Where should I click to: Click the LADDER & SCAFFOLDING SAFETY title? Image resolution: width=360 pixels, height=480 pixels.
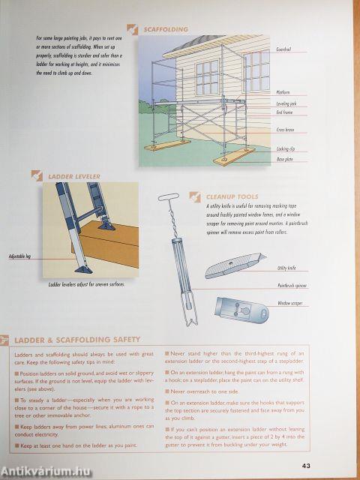pos(77,340)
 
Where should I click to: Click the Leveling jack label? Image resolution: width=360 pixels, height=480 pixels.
pos(284,103)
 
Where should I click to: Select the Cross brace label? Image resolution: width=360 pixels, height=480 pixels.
pos(285,130)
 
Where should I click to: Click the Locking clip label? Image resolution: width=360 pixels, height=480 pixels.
pos(285,148)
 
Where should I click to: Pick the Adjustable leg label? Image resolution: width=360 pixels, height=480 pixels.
pos(20,256)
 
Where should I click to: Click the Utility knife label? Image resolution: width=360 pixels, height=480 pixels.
pos(286,268)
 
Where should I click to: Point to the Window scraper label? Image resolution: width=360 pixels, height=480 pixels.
pos(289,303)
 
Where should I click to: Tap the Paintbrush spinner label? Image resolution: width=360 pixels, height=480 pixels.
pos(292,286)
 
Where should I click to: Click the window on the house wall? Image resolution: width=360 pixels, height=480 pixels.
pos(207,76)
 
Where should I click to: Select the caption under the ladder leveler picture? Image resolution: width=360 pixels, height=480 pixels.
pos(86,284)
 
